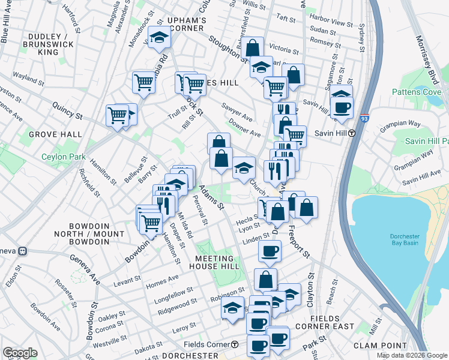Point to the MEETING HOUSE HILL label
(x=223, y=262)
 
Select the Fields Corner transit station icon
(x=235, y=344)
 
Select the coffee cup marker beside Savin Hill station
(x=342, y=108)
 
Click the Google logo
(x=20, y=353)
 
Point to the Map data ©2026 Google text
(x=411, y=355)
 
